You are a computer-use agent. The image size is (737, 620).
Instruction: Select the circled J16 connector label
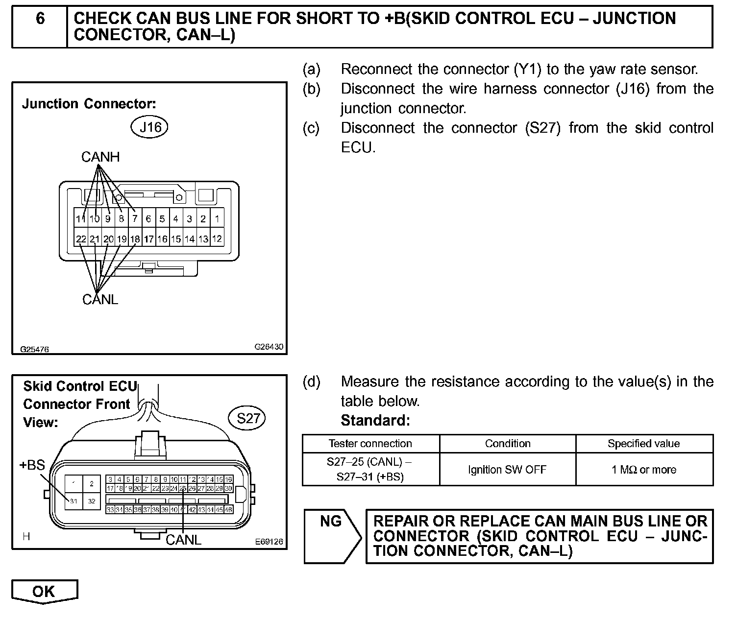pos(149,127)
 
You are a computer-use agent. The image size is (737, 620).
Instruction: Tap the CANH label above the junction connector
pos(100,157)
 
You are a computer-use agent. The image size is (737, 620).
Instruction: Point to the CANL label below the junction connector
pos(100,299)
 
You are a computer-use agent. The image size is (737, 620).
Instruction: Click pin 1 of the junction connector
pos(217,219)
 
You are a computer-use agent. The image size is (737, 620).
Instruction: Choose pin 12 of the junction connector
pos(217,239)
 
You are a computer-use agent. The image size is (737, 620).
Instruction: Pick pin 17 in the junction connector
pos(148,239)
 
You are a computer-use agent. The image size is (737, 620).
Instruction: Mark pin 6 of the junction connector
pos(148,219)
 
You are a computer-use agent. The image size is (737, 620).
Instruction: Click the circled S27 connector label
pos(247,418)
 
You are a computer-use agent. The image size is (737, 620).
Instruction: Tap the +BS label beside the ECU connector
pos(32,465)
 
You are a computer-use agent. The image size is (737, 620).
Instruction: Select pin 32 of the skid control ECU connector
pos(91,501)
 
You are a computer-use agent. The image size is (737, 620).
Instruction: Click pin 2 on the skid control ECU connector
pos(91,483)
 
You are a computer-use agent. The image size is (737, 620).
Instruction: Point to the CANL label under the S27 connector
pos(183,540)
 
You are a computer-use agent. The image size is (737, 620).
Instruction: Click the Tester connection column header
pos(370,444)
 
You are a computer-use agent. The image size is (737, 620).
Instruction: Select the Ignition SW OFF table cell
pos(507,470)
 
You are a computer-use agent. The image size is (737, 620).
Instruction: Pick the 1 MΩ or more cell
pos(643,470)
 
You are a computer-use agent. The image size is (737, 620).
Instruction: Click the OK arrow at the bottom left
pos(44,591)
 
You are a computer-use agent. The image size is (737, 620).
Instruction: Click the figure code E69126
pos(269,542)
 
